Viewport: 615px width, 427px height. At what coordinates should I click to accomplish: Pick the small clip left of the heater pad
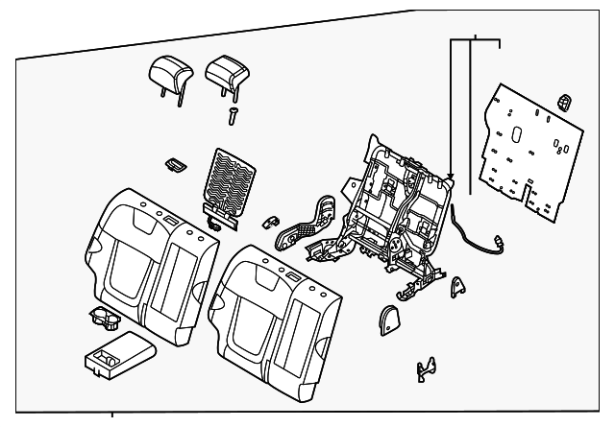[x=174, y=165]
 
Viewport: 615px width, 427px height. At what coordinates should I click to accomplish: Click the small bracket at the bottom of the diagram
[x=426, y=368]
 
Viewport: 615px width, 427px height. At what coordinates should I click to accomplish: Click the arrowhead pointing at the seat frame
[x=449, y=177]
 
